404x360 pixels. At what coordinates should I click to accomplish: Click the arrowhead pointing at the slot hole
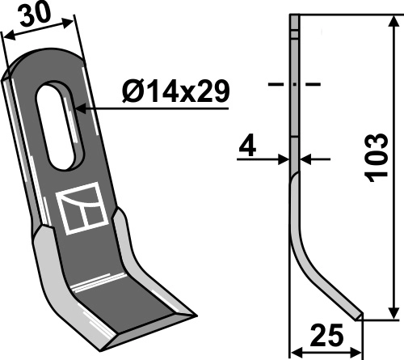click(x=78, y=105)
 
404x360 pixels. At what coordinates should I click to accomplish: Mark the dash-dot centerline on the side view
click(x=294, y=83)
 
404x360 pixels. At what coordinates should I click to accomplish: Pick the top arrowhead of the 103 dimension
click(x=393, y=19)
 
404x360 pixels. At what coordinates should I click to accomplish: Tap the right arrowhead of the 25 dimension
click(x=360, y=351)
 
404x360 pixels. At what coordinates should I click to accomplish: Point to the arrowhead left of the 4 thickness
click(x=285, y=160)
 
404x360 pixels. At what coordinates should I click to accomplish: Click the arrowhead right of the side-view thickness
click(x=305, y=160)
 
